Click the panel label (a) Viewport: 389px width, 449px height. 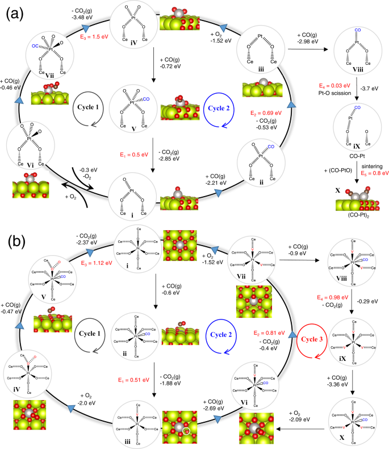[x=15, y=13]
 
